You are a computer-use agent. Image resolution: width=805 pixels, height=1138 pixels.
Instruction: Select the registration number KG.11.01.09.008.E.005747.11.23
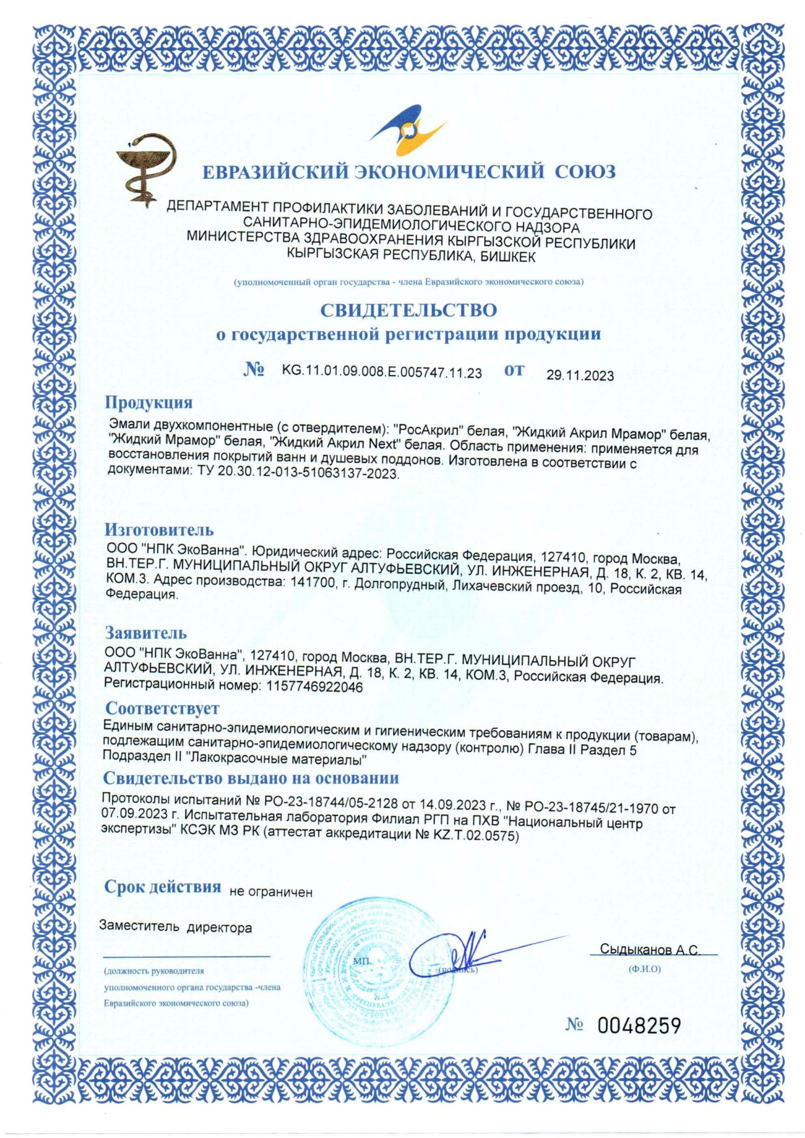coord(382,373)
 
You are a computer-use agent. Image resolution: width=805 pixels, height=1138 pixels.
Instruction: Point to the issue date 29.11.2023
coord(580,376)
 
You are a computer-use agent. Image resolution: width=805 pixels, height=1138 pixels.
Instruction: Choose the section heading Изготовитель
coord(159,529)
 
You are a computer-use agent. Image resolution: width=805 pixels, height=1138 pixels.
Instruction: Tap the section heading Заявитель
coord(146,633)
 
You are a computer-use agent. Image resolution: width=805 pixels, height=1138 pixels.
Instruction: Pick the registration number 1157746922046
coord(315,687)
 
